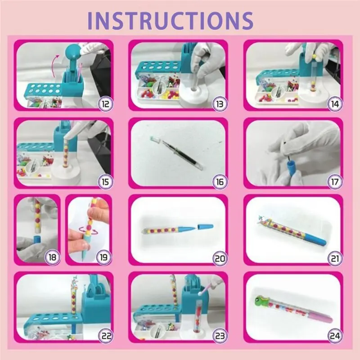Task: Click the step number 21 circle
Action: pyautogui.click(x=333, y=258)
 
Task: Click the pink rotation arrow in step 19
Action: pyautogui.click(x=83, y=229)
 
